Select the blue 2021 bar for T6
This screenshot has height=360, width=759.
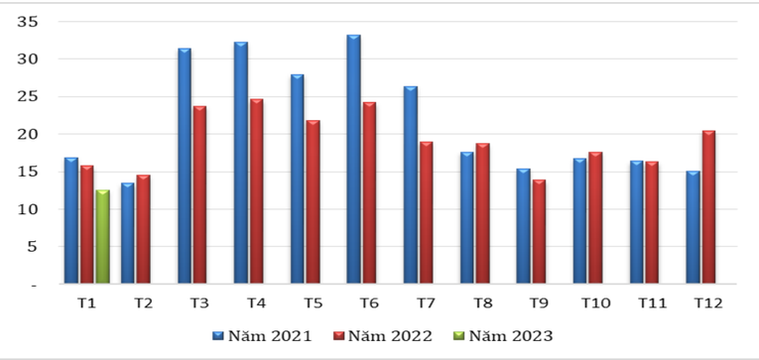pyautogui.click(x=353, y=160)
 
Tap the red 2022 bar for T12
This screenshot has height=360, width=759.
pyautogui.click(x=707, y=207)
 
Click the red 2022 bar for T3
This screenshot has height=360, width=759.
pyautogui.click(x=199, y=195)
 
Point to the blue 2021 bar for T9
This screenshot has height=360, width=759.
pyautogui.click(x=523, y=227)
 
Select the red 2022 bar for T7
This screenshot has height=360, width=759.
pyautogui.click(x=426, y=213)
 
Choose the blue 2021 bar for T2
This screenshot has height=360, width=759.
pyautogui.click(x=128, y=234)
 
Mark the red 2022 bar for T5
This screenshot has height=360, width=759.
pyautogui.click(x=313, y=202)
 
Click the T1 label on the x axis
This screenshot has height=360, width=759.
pyautogui.click(x=86, y=302)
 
